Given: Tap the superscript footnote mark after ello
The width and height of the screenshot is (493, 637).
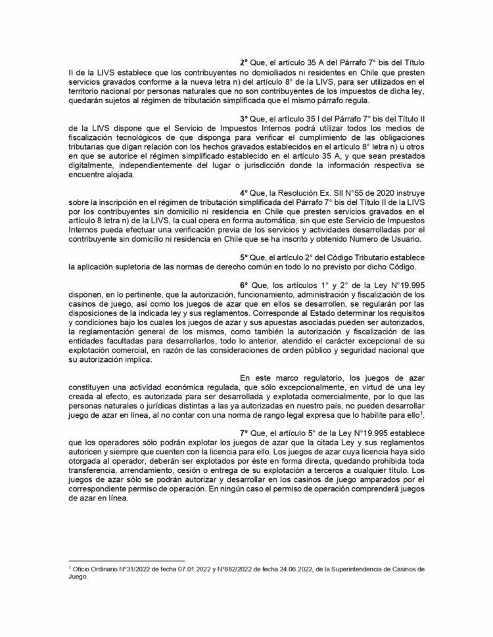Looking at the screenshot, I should point(421,412).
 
